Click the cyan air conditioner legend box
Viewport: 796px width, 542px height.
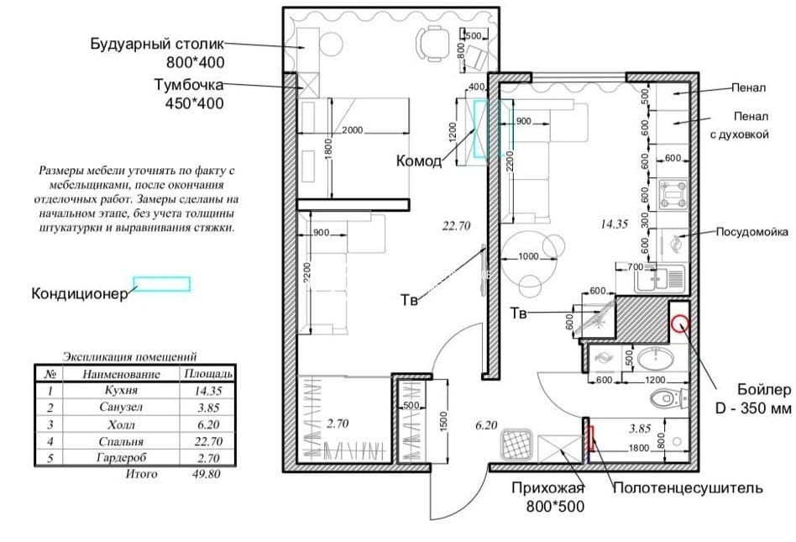(x=162, y=284)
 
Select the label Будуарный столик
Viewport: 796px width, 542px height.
(x=157, y=44)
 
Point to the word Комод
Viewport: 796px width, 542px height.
(x=419, y=161)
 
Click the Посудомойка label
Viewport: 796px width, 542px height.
(x=751, y=232)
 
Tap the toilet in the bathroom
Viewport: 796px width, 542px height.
(x=668, y=397)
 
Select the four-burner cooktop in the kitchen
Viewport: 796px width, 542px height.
(x=673, y=194)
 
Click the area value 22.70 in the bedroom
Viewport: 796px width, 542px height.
(x=456, y=226)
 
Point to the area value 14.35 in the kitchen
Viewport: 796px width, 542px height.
(x=614, y=224)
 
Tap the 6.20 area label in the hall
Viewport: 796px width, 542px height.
(x=486, y=425)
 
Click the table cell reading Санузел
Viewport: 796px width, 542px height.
(x=121, y=408)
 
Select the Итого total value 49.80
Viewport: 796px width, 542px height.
(x=207, y=475)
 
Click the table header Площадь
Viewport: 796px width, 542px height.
(x=208, y=374)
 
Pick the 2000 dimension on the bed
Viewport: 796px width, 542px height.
(x=352, y=130)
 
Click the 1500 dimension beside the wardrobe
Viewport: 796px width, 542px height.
(x=443, y=421)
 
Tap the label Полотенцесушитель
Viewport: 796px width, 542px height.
(x=688, y=488)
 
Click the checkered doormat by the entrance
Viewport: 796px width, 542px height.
(x=516, y=445)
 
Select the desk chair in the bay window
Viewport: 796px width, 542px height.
(x=433, y=44)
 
